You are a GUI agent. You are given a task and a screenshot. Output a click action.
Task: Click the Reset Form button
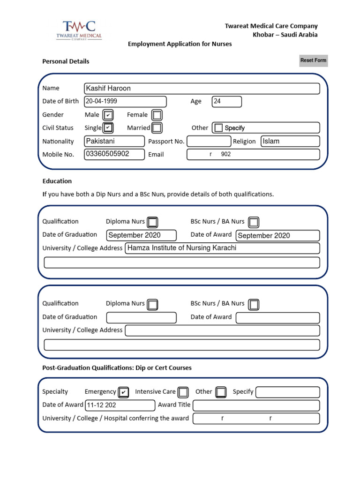tap(313, 60)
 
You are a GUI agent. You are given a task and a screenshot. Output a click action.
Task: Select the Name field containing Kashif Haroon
tap(202, 89)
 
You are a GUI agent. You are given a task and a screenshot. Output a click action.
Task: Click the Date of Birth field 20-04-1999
tap(125, 102)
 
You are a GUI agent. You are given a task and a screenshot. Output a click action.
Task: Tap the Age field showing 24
tap(227, 102)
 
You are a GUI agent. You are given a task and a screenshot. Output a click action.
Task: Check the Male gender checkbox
tap(108, 115)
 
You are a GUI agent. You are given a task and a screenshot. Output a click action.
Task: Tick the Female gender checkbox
tap(157, 115)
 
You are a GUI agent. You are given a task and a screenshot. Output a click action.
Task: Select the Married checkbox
tap(157, 127)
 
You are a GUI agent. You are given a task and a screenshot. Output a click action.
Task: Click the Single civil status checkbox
tap(108, 127)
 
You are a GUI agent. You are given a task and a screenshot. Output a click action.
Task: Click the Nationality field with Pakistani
tap(114, 141)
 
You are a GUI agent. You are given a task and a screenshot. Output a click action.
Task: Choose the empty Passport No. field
tap(209, 141)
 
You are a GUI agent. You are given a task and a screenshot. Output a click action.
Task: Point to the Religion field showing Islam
tap(290, 141)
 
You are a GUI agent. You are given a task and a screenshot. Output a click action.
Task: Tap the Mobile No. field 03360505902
tap(114, 154)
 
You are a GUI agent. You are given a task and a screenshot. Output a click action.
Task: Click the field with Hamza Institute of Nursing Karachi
tap(222, 248)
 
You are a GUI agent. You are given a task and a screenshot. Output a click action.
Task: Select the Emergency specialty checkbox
tap(123, 392)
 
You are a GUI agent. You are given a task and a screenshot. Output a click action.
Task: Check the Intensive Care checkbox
tap(183, 392)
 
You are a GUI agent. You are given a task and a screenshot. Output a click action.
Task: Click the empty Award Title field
tap(256, 405)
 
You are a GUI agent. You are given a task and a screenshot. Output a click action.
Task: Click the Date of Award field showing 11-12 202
tap(120, 405)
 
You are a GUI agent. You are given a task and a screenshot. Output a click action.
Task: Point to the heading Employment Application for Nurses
tap(180, 44)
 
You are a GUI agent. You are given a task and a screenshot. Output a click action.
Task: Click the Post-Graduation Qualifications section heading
tap(117, 368)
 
